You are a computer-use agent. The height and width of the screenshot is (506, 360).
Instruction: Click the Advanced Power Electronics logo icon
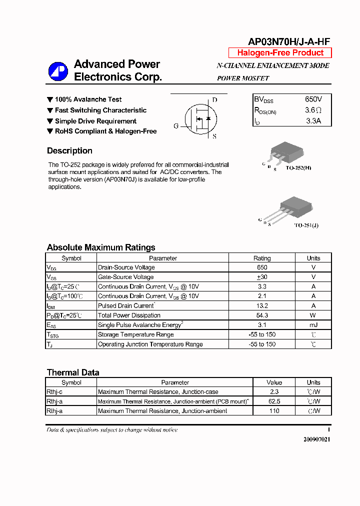click(58, 71)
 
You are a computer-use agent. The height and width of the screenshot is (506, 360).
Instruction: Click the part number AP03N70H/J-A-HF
click(289, 42)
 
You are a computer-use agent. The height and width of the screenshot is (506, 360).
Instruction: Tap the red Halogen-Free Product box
click(280, 53)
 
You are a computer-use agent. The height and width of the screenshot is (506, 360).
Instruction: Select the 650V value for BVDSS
click(313, 99)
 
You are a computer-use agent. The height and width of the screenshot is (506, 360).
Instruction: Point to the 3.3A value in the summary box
click(313, 120)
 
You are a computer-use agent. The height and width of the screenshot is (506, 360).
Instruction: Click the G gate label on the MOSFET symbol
click(176, 126)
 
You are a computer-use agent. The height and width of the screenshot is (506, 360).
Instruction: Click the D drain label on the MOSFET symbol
click(214, 100)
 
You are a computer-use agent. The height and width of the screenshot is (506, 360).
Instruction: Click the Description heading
click(69, 151)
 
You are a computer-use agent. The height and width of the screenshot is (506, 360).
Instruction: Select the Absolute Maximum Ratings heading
click(101, 247)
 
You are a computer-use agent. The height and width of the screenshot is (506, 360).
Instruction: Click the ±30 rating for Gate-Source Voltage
click(262, 277)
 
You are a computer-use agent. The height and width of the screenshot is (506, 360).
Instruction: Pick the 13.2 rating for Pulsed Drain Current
click(262, 305)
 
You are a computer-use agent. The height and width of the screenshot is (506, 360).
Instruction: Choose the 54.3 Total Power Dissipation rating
click(262, 315)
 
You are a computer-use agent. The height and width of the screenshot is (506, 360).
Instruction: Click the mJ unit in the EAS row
click(313, 325)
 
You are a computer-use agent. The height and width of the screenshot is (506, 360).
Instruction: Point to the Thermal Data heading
click(73, 372)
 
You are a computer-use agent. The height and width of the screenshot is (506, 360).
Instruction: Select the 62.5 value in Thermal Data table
click(274, 401)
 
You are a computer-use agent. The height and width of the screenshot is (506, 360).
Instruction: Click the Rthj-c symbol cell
click(54, 392)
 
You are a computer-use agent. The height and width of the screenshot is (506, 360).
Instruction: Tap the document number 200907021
click(316, 439)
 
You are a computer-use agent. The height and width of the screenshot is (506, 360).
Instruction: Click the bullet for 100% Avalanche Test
click(50, 99)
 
